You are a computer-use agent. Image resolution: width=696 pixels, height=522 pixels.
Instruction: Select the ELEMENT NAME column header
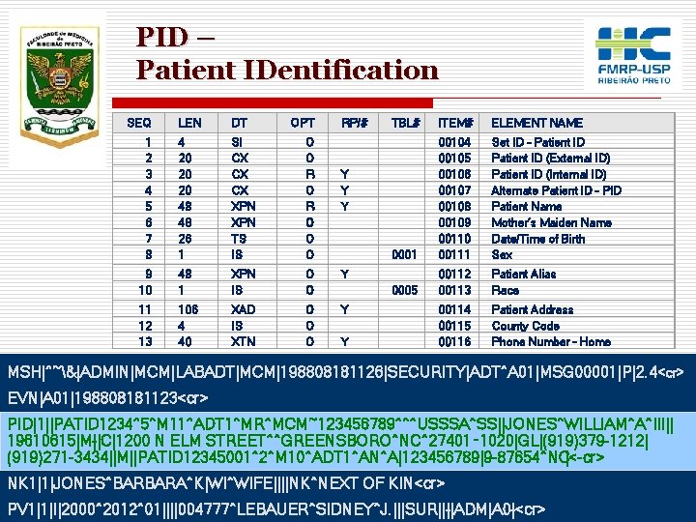[x=536, y=123]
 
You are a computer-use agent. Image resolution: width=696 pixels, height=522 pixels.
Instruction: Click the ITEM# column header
[x=455, y=123]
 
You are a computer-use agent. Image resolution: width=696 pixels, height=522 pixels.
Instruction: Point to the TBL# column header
[x=405, y=123]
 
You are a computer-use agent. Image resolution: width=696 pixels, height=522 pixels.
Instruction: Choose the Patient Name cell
[x=527, y=206]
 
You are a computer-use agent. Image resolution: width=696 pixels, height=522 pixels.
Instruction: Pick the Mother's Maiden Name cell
[x=551, y=222]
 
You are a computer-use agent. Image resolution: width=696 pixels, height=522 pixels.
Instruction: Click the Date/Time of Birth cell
[x=538, y=239]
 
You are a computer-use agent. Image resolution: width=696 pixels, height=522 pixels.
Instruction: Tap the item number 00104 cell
[x=453, y=141]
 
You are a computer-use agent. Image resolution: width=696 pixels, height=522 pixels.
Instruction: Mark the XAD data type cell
[x=243, y=309]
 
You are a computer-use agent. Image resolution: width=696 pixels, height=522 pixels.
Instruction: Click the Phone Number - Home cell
[x=551, y=341]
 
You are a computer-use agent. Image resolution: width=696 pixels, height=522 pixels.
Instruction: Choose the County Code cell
[x=526, y=326]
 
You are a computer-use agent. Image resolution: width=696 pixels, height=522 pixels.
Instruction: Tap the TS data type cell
[x=237, y=239]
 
